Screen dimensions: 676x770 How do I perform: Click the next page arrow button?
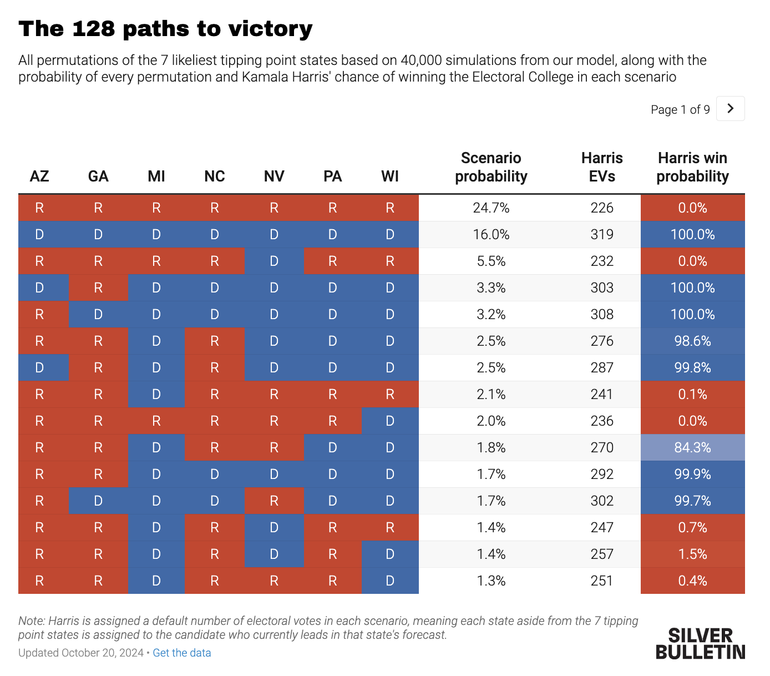(730, 109)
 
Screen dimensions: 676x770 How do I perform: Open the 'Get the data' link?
(181, 653)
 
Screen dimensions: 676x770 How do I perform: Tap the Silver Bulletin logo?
(700, 644)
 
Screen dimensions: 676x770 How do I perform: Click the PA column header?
(332, 176)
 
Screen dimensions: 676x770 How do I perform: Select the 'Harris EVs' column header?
(602, 167)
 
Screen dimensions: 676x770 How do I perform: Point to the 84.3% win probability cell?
(692, 447)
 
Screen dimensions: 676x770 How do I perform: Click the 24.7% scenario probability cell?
(491, 208)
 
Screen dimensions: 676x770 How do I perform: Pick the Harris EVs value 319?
(602, 234)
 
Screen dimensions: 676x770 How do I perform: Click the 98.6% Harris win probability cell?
(692, 341)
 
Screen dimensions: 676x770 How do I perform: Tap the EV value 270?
(602, 447)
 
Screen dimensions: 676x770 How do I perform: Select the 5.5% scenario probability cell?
(491, 261)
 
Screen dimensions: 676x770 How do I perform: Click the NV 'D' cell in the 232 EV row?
(274, 261)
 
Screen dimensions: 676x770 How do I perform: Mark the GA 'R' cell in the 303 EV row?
(98, 287)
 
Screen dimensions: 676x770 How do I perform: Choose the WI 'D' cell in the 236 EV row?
(390, 421)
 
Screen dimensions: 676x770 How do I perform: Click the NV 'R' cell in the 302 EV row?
(274, 501)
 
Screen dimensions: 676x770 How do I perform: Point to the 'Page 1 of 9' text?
(680, 109)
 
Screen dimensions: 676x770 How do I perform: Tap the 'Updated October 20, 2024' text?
(81, 653)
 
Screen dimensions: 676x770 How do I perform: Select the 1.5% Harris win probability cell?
(692, 554)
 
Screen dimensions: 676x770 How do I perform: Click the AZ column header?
(39, 176)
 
